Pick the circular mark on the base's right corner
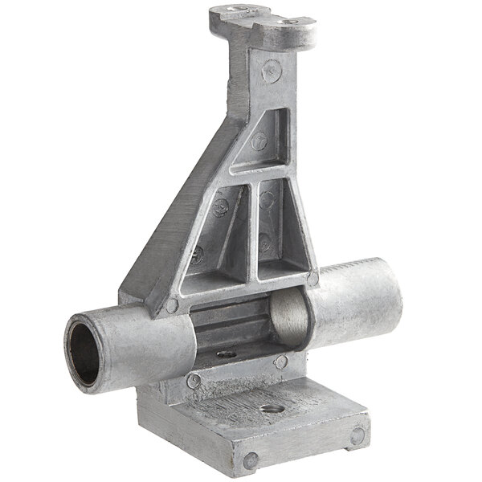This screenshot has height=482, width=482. click(x=357, y=436)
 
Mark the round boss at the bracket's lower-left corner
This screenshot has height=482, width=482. click(x=171, y=305)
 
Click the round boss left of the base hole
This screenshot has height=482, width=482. click(x=193, y=382)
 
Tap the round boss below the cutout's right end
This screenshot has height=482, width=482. click(x=280, y=363)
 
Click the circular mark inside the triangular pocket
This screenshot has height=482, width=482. click(x=259, y=141)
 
